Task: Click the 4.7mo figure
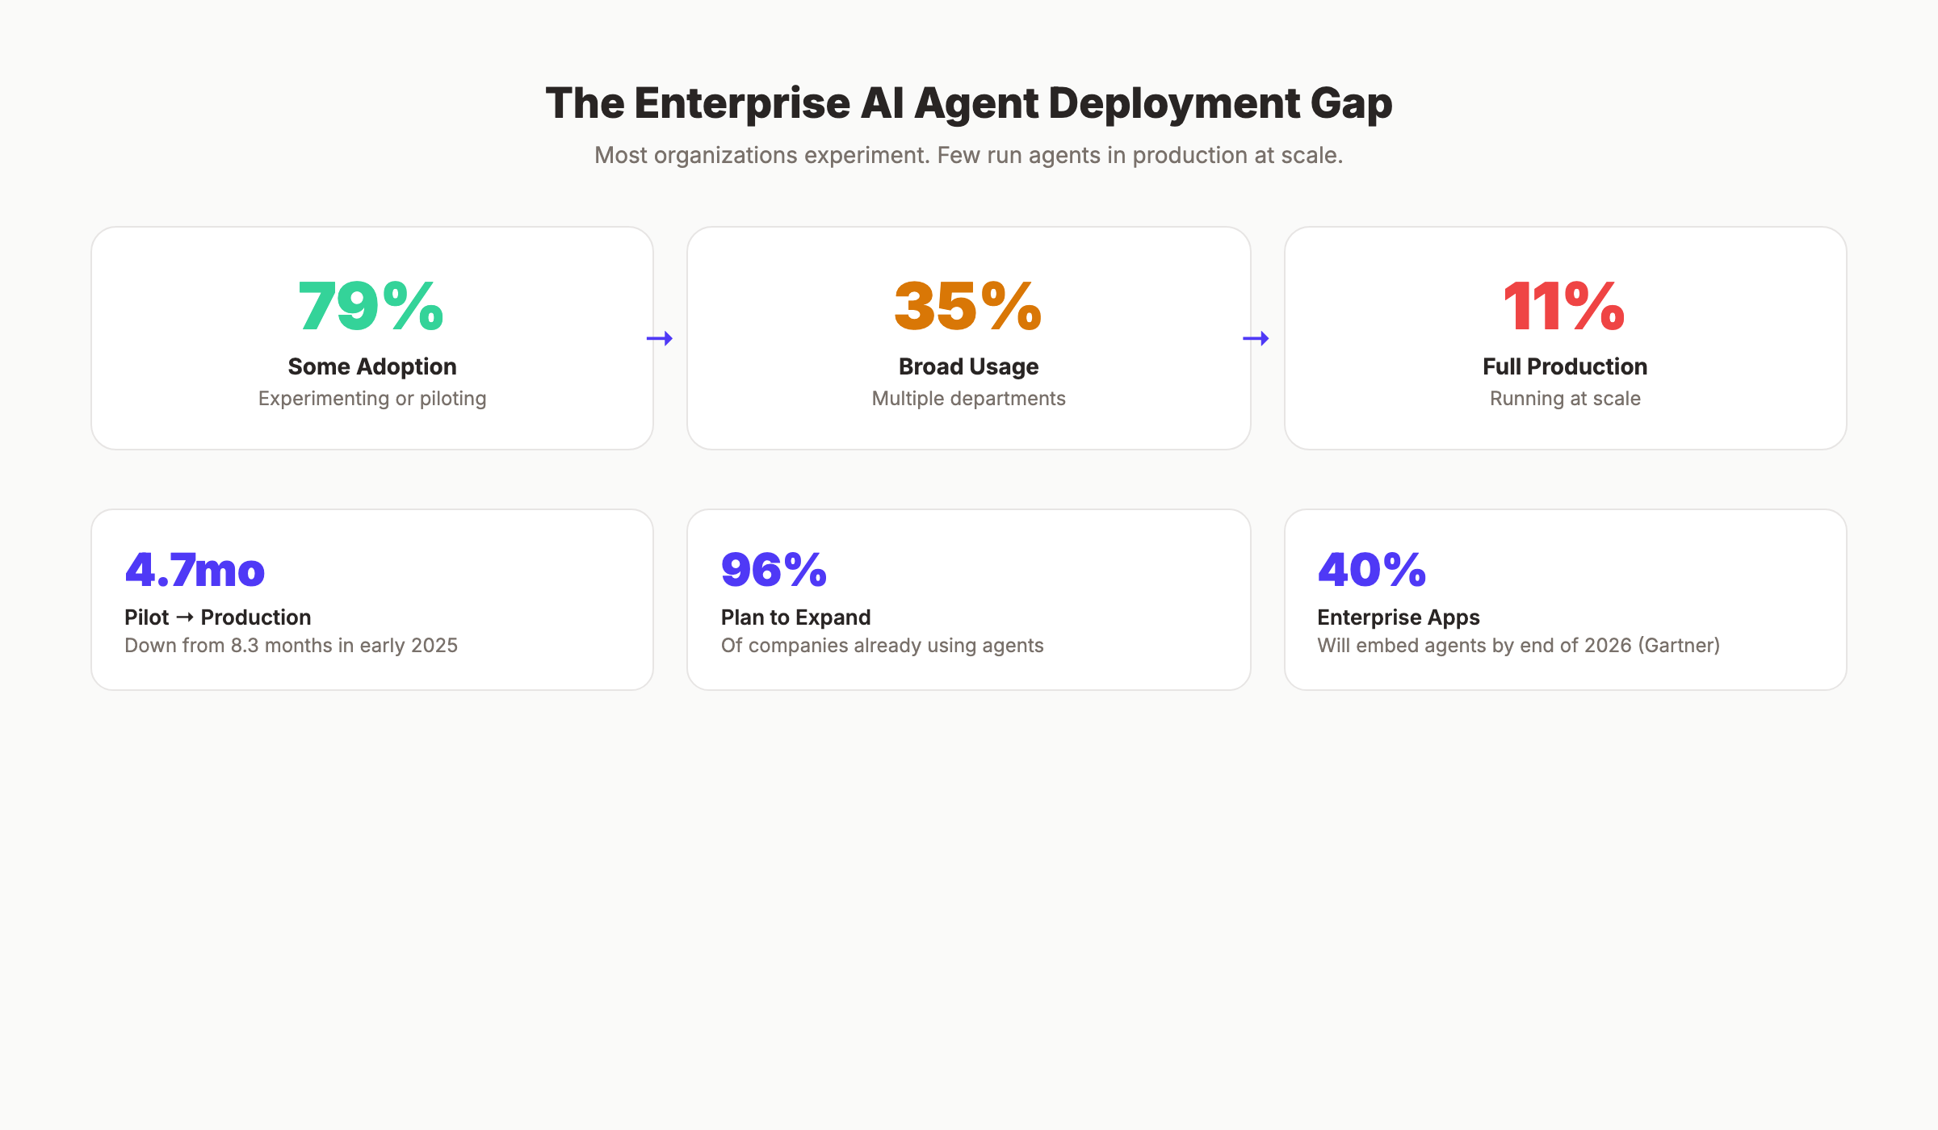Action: pyautogui.click(x=195, y=570)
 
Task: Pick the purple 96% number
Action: pyautogui.click(x=774, y=570)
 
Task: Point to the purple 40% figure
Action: pyautogui.click(x=1372, y=570)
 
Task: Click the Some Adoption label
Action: pyautogui.click(x=372, y=366)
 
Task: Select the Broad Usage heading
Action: pyautogui.click(x=968, y=366)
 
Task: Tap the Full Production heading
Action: pyautogui.click(x=1564, y=366)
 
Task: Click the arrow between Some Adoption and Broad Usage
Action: pyautogui.click(x=660, y=338)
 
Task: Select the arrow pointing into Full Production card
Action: pyautogui.click(x=1256, y=338)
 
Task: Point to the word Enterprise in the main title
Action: pyautogui.click(x=742, y=104)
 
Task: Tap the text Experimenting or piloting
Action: pyautogui.click(x=372, y=399)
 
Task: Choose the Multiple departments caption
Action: pyautogui.click(x=968, y=399)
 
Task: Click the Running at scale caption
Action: pyautogui.click(x=1564, y=399)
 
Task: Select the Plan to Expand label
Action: pyautogui.click(x=795, y=617)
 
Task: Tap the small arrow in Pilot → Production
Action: pyautogui.click(x=185, y=617)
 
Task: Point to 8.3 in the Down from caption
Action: pyautogui.click(x=245, y=646)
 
